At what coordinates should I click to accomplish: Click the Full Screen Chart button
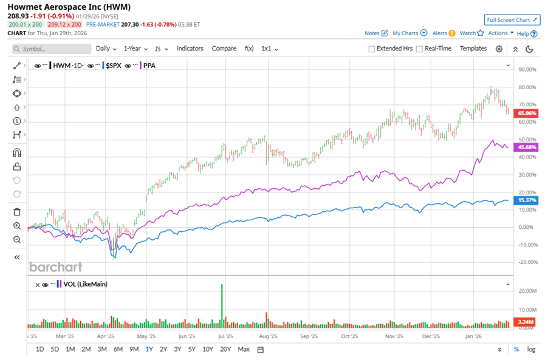512,20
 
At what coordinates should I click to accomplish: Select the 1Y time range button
149,349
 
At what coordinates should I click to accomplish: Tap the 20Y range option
225,349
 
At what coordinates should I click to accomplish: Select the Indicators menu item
190,49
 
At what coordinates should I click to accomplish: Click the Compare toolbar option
224,49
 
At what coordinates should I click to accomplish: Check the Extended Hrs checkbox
372,49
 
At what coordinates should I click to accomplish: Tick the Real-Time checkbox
419,49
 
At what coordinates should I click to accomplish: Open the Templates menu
473,49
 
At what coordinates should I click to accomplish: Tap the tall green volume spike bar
222,304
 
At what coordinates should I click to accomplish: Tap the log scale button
532,349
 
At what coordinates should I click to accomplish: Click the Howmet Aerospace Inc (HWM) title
69,6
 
